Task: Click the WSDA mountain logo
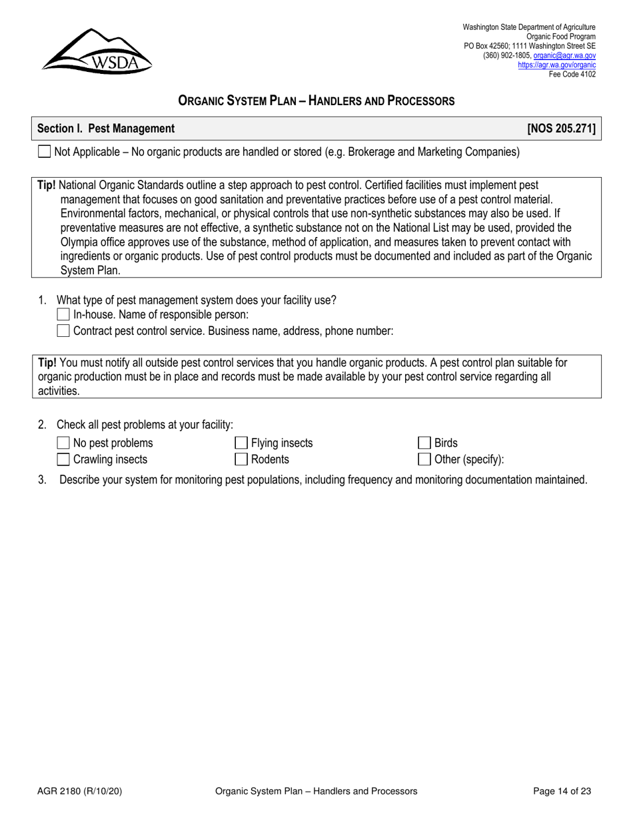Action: pyautogui.click(x=97, y=51)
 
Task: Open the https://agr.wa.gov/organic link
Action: pyautogui.click(x=556, y=65)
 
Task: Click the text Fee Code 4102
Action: pyautogui.click(x=572, y=74)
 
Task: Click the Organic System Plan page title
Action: pyautogui.click(x=316, y=101)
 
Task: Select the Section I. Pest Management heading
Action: pyautogui.click(x=106, y=129)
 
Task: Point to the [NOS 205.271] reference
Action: pyautogui.click(x=561, y=129)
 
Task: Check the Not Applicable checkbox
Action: pyautogui.click(x=44, y=152)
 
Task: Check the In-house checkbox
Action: pyautogui.click(x=63, y=315)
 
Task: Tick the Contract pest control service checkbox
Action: pyautogui.click(x=63, y=331)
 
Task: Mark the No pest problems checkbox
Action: pyautogui.click(x=63, y=443)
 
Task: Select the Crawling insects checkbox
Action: pyautogui.click(x=63, y=459)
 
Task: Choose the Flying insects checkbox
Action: pyautogui.click(x=241, y=443)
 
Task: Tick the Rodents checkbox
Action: pyautogui.click(x=241, y=459)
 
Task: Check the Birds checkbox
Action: pyautogui.click(x=424, y=443)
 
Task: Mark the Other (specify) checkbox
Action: pyautogui.click(x=424, y=459)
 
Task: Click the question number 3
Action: pyautogui.click(x=42, y=479)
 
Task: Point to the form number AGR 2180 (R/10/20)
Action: pyautogui.click(x=79, y=792)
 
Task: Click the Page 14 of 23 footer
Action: pyautogui.click(x=562, y=792)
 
